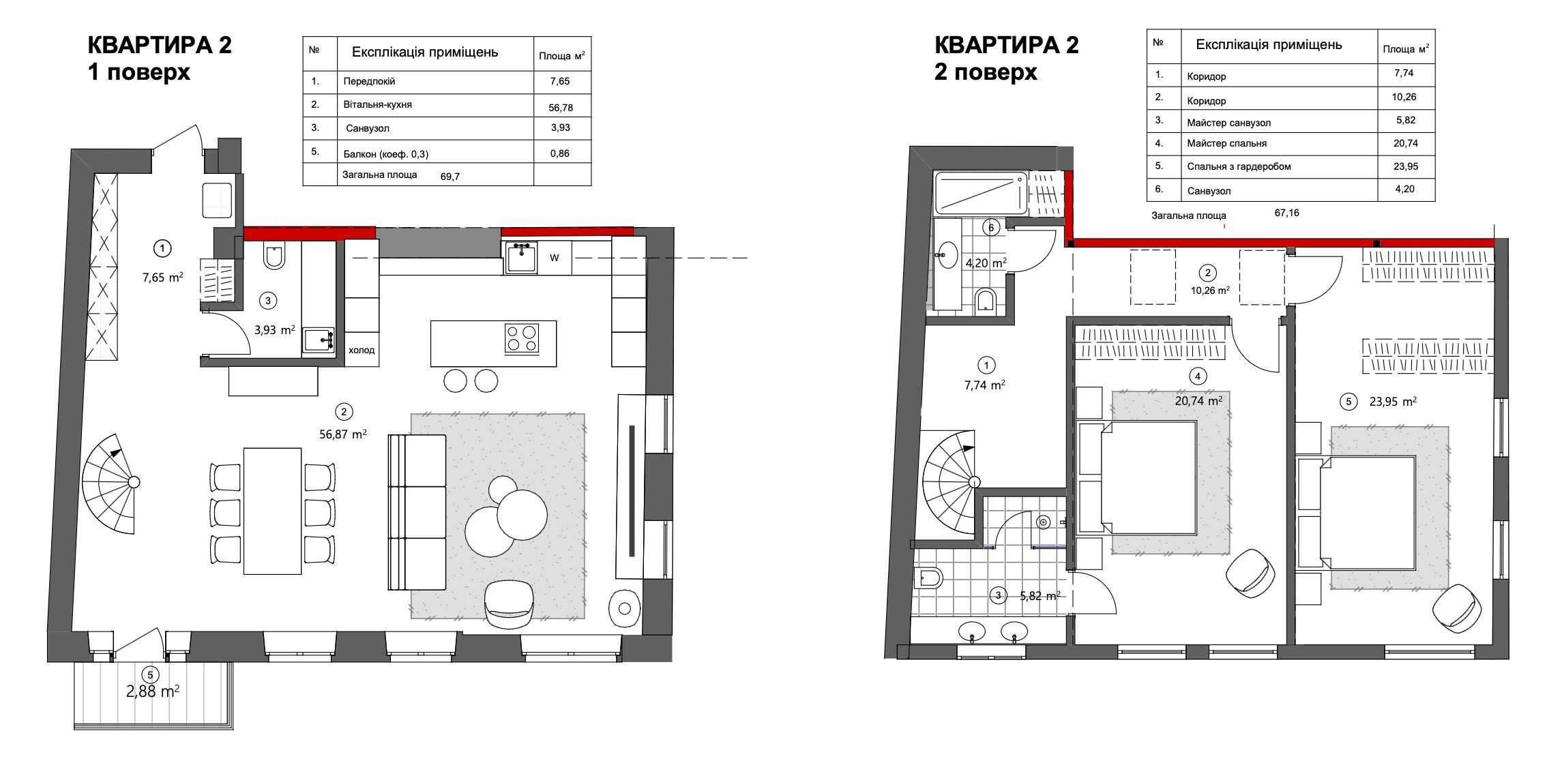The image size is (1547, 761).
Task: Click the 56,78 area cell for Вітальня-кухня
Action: tap(559, 107)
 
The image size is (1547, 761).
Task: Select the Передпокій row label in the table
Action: tap(369, 81)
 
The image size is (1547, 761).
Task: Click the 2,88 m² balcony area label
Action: tap(153, 691)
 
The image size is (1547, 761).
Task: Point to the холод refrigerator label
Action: tap(362, 350)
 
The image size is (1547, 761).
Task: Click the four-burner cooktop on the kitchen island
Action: tap(522, 338)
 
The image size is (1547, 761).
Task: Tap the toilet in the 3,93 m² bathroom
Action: tap(274, 256)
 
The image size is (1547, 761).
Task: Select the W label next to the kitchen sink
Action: tap(555, 258)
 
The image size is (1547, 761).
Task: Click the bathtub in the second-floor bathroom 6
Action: tap(980, 192)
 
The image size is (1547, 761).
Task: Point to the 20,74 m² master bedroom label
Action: tap(1198, 401)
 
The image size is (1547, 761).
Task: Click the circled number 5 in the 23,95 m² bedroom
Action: tap(1348, 402)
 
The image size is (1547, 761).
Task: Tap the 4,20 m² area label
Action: tap(986, 263)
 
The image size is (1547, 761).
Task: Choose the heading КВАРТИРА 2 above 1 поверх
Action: tap(160, 45)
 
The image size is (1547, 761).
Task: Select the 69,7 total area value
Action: tap(450, 177)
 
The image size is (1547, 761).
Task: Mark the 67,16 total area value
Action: tap(1287, 213)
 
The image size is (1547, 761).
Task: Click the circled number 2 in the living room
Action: tap(344, 412)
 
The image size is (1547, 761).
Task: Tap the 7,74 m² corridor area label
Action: tap(984, 385)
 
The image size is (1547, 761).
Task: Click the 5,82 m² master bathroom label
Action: tap(1040, 596)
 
